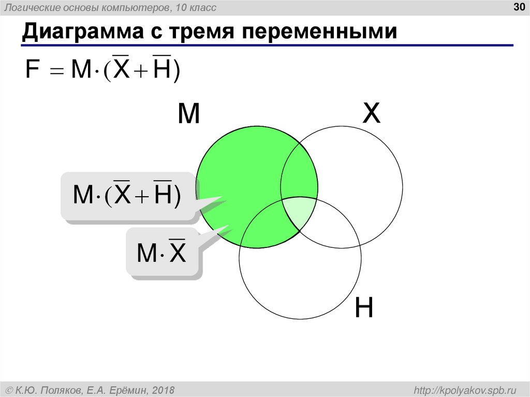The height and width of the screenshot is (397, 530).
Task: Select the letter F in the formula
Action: coord(32,70)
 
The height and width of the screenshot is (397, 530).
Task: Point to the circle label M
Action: coord(188,114)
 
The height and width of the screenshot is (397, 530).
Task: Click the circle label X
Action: coord(371,114)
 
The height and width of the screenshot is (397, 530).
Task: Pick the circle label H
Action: coord(364,308)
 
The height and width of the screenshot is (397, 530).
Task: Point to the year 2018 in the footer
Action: coord(163,390)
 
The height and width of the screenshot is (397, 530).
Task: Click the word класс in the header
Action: coord(203,7)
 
